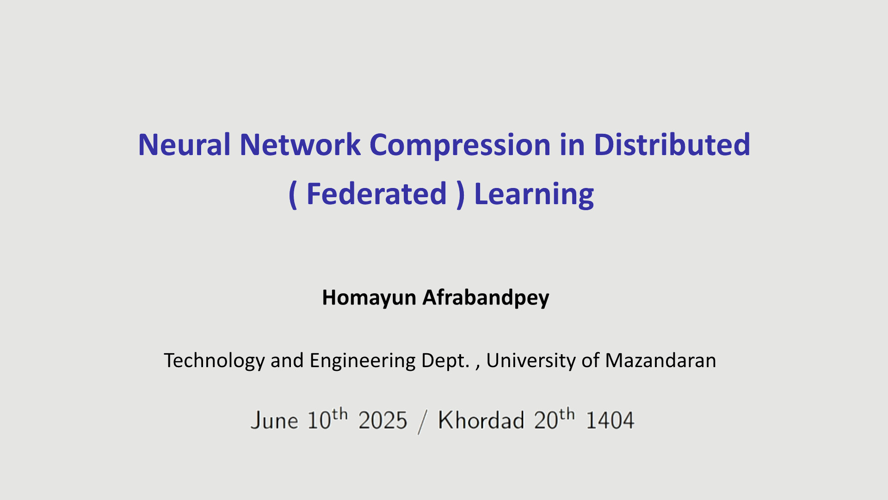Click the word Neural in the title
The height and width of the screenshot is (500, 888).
(x=184, y=144)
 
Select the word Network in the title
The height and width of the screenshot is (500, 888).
(x=300, y=144)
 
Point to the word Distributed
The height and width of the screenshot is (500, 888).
(x=672, y=144)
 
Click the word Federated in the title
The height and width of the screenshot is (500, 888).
(x=376, y=194)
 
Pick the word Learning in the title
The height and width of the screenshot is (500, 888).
(x=534, y=195)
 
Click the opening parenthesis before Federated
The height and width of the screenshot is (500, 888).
(x=293, y=195)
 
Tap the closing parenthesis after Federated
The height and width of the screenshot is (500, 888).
(x=460, y=195)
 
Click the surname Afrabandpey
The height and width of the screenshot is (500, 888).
(x=486, y=298)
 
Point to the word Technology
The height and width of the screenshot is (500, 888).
(x=215, y=361)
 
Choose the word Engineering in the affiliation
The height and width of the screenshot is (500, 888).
(x=362, y=361)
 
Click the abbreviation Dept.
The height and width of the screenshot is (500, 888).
(x=445, y=361)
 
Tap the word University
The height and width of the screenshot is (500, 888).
(x=530, y=361)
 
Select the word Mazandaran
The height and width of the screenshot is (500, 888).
(x=660, y=360)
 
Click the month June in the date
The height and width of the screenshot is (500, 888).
(x=274, y=421)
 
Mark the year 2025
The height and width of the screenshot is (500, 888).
(x=382, y=421)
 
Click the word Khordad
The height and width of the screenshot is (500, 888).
(x=481, y=420)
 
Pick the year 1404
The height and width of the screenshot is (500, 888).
(x=610, y=421)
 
